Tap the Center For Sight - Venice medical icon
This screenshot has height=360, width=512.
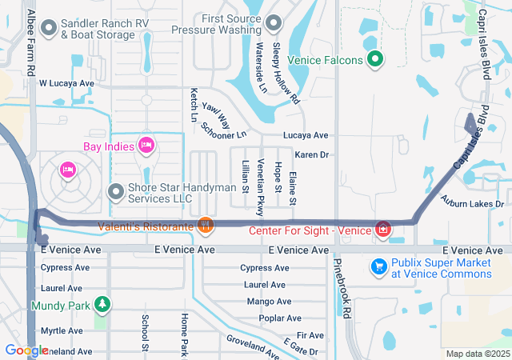(382, 230)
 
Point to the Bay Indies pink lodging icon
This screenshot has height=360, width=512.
(146, 145)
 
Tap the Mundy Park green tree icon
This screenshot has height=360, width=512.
(101, 304)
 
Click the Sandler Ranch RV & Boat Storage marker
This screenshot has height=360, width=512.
(49, 29)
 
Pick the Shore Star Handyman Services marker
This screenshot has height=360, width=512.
(115, 192)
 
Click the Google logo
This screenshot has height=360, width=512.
(26, 350)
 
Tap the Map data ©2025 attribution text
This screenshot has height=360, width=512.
(477, 354)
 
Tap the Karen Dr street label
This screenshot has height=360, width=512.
(312, 154)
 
